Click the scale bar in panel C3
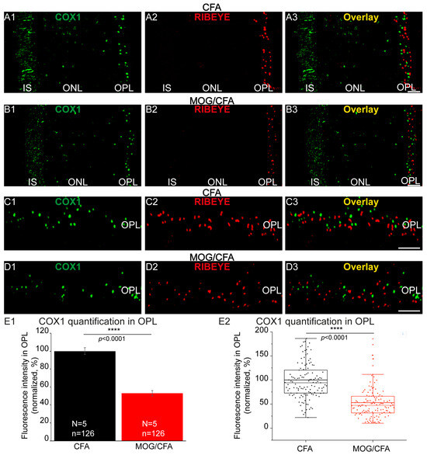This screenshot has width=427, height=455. pyautogui.click(x=409, y=248)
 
